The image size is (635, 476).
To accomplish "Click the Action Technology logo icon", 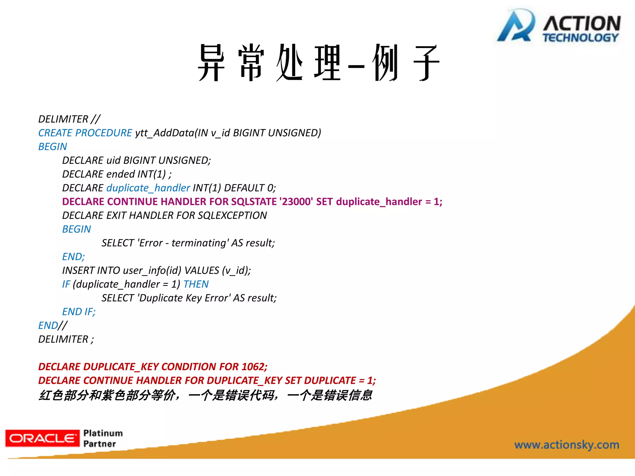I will pos(516,26).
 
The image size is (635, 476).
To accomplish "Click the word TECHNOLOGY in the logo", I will pos(580,38).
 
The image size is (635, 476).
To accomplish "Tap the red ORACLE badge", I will pos(42,438).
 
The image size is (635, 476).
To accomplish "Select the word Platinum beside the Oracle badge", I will pos(103,433).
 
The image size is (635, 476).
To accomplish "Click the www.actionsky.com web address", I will pos(566,445).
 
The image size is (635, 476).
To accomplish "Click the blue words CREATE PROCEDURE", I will pos(85,133).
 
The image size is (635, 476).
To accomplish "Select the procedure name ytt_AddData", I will pos(164,133).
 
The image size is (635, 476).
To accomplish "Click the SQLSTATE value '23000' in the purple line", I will pos(296,202).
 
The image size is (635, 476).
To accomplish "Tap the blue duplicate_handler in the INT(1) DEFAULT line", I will pos(148,188).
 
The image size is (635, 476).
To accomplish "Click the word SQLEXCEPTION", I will pos(232,215).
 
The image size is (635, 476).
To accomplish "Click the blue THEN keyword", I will pos(196,284).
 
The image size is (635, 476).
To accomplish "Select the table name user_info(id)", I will pos(152,271).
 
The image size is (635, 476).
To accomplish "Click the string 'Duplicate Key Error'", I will pos(184,298).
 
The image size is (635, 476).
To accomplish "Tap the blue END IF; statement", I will pos(79,312).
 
